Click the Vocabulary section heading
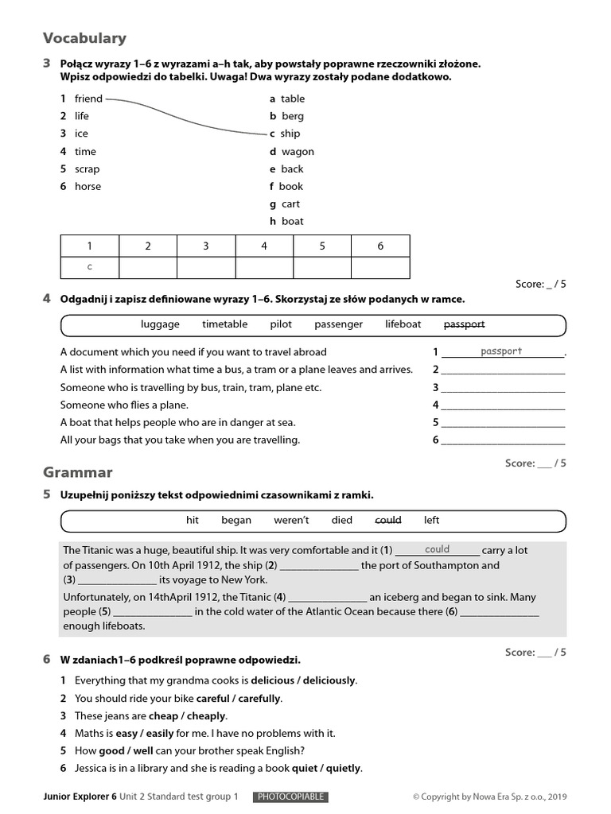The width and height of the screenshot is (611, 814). coord(84,38)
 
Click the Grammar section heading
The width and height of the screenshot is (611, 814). coord(77,473)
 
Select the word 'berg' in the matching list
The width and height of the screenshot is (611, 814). coord(293,116)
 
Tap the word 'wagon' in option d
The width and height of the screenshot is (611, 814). coord(298,151)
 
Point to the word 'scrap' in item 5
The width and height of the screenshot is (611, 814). coord(88,169)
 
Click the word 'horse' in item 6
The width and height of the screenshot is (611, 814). coord(88,186)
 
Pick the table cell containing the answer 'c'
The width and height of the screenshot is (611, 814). coord(89,267)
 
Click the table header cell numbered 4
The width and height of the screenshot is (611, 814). coord(264,246)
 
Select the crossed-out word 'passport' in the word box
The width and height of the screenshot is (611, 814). coord(464,324)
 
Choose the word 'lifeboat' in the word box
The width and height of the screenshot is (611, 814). coord(403,324)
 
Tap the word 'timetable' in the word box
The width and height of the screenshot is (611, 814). coord(224,324)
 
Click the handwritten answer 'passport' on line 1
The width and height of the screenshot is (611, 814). coord(501,351)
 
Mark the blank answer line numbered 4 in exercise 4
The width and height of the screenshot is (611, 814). coord(503,405)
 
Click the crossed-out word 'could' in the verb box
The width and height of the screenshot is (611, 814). coord(388,520)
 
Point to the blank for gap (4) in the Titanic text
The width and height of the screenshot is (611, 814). coord(328,597)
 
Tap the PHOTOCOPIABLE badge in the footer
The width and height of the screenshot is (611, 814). coord(290,797)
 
